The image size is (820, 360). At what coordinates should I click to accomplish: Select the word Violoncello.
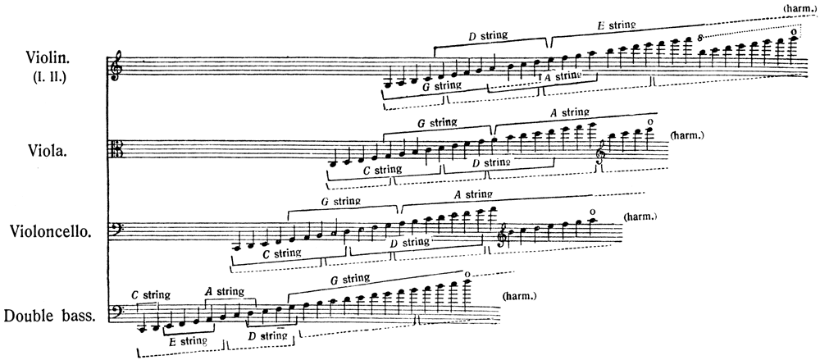51,231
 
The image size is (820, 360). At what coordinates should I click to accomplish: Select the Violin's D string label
487,36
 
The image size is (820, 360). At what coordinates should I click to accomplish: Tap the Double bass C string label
151,294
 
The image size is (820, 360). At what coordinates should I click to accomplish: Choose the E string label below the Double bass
188,340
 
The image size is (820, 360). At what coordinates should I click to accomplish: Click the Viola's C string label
382,169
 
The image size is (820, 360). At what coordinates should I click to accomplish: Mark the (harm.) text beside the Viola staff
687,135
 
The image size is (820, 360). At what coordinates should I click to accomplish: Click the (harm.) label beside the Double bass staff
519,296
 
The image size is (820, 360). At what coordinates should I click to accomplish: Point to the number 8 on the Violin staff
701,38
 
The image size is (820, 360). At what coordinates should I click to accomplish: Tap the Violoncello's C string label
281,253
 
